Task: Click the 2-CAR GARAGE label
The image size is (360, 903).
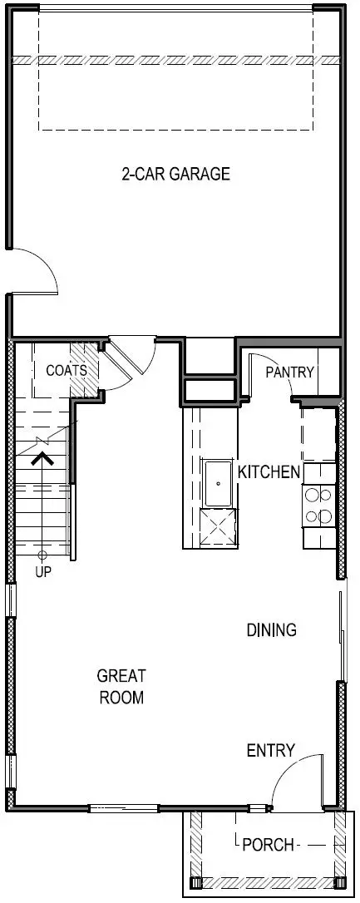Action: tap(175, 174)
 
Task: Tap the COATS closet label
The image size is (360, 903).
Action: tap(66, 370)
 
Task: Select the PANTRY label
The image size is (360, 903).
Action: tap(289, 372)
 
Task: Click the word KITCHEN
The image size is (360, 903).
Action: tap(269, 472)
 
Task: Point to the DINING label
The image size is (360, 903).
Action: tap(271, 629)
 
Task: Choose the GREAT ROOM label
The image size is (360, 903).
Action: tap(121, 687)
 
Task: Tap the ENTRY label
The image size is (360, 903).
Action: tap(270, 751)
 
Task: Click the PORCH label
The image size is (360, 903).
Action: tap(268, 845)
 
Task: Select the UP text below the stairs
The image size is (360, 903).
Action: tap(42, 573)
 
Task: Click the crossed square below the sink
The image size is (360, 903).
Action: tap(219, 526)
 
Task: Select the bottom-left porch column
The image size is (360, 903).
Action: tap(196, 882)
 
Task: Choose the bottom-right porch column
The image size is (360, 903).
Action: tap(339, 882)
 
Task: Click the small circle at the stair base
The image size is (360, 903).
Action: tap(42, 554)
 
